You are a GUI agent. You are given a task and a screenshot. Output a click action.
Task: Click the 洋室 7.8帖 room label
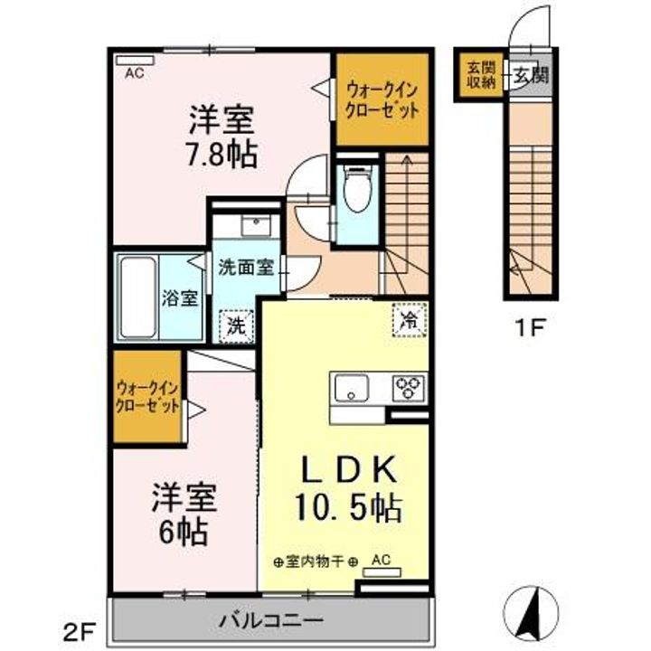222,137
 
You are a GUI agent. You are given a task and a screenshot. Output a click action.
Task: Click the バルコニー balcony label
271,621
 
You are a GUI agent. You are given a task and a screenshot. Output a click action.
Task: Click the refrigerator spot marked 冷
408,319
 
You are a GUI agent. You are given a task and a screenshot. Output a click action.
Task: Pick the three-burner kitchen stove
407,387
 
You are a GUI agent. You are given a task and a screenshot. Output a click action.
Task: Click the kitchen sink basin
351,388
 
